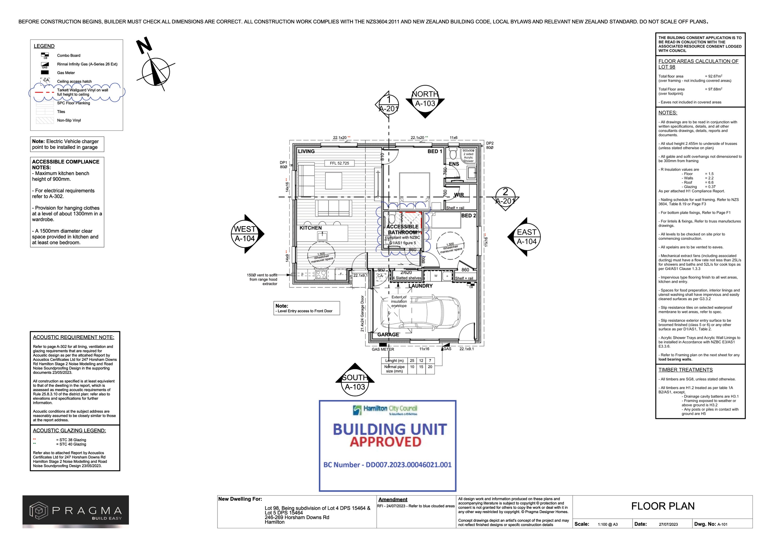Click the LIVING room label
click(306, 151)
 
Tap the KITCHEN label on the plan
click(310, 228)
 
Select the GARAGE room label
click(388, 335)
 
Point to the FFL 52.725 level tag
click(339, 163)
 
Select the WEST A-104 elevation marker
click(245, 234)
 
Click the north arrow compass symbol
click(155, 72)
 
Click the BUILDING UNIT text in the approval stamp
click(390, 429)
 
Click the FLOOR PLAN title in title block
click(663, 506)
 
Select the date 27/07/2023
click(668, 524)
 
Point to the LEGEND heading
click(44, 46)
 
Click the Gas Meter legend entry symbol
click(45, 72)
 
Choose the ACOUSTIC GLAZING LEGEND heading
click(69, 430)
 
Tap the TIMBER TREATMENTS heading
click(685, 370)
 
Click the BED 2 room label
click(468, 216)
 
